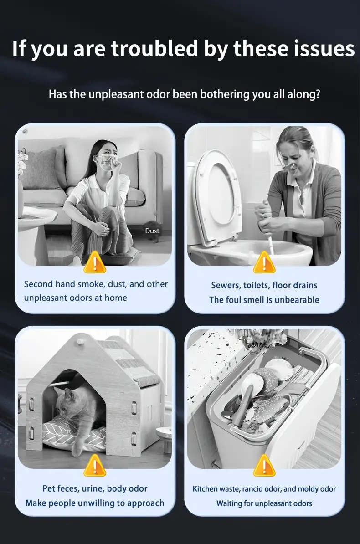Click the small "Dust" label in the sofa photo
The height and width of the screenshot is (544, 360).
point(152,231)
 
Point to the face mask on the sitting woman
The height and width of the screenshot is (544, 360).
point(106,162)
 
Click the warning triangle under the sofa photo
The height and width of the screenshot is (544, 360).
point(94,262)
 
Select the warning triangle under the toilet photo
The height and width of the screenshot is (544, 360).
point(264,262)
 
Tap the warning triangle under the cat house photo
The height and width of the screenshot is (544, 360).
point(94,466)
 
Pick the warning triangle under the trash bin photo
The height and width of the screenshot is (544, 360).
point(264,466)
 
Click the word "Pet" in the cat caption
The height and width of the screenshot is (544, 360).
point(49,488)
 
